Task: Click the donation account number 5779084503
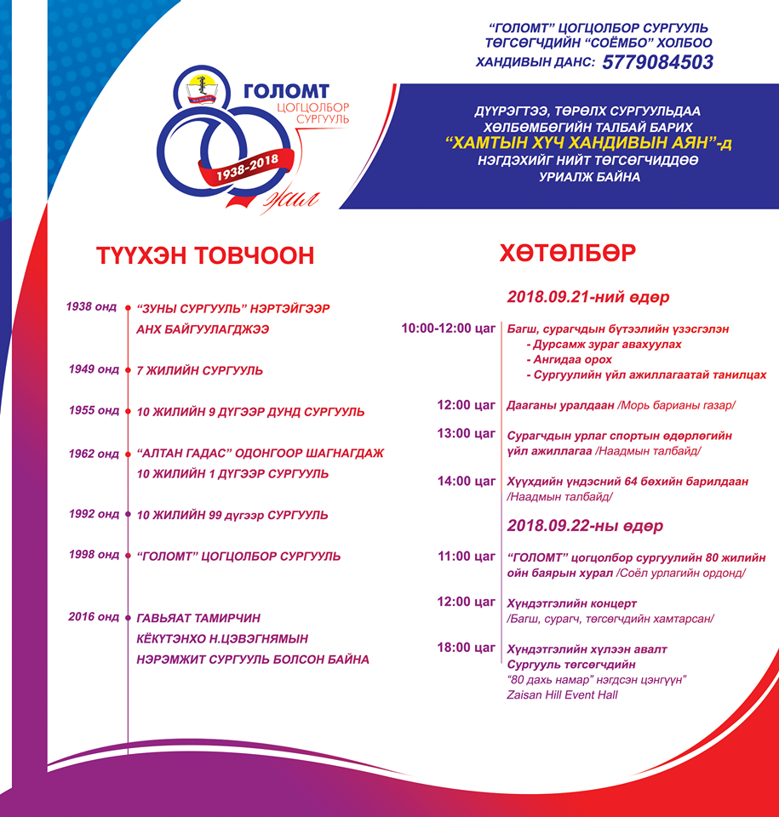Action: [x=657, y=62]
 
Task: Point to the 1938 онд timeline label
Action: [x=93, y=306]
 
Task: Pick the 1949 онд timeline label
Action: [x=95, y=369]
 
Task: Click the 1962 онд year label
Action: [x=95, y=454]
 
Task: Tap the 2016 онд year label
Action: [x=95, y=617]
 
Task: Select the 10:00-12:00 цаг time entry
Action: [x=449, y=329]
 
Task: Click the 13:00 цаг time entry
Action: [x=466, y=433]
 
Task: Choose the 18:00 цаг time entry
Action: [x=466, y=648]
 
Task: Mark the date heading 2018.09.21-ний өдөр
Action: [x=588, y=298]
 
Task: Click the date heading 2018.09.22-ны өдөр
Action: [x=586, y=526]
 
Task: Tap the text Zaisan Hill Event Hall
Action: [x=562, y=695]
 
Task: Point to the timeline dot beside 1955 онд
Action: [x=128, y=411]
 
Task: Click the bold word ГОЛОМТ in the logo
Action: [x=286, y=91]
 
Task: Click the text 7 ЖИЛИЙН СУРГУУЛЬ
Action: [x=200, y=371]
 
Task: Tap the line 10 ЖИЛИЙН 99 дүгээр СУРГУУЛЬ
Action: [x=232, y=515]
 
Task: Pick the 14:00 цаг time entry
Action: [x=466, y=481]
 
